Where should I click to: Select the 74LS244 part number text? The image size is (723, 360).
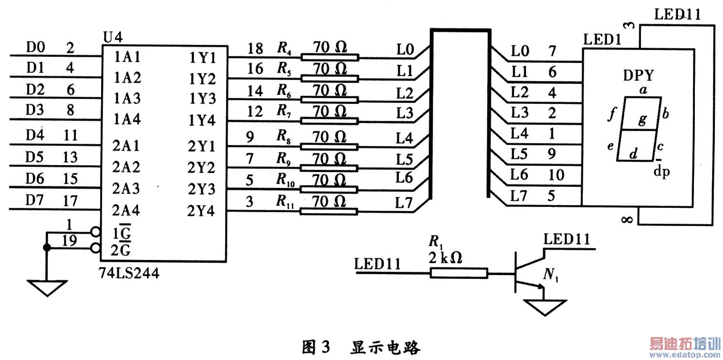click(x=129, y=274)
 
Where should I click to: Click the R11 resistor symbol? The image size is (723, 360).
click(x=329, y=212)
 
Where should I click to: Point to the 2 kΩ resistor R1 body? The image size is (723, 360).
click(x=459, y=273)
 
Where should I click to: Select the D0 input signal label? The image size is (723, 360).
click(x=35, y=47)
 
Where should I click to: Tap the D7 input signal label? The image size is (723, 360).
click(x=35, y=200)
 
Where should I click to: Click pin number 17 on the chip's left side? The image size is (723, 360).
click(x=71, y=200)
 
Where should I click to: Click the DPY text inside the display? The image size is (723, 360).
click(x=638, y=76)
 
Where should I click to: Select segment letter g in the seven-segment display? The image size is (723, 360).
click(x=642, y=119)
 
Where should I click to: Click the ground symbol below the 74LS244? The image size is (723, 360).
click(x=47, y=287)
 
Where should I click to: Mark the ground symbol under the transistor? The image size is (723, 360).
click(x=545, y=307)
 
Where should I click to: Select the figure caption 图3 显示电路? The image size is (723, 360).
click(x=361, y=347)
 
